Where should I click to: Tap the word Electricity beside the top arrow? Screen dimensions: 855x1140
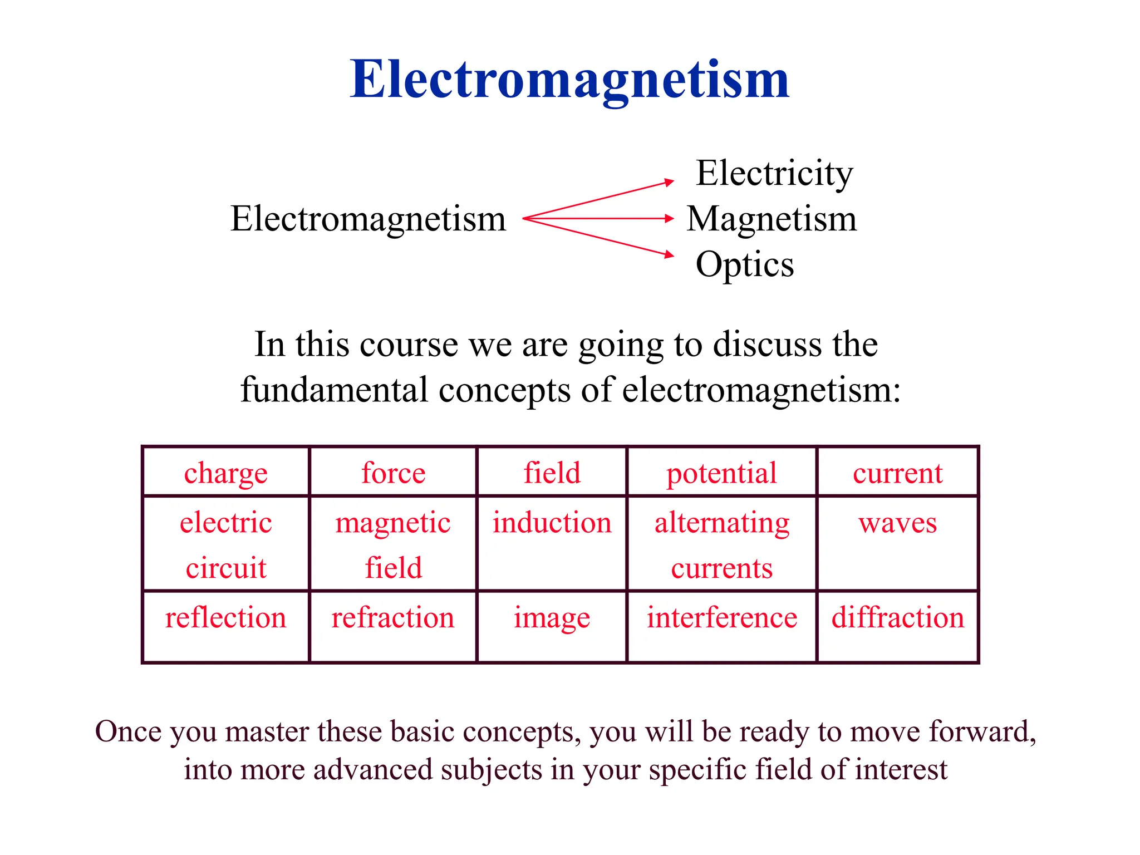pos(774,173)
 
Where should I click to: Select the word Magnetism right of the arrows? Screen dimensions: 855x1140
pos(772,219)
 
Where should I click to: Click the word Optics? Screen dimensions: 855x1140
pos(745,264)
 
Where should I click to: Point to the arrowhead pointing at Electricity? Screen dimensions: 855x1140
pos(670,182)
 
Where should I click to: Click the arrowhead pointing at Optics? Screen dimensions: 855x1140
pos(670,255)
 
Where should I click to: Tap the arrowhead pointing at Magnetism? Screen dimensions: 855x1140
pos(670,218)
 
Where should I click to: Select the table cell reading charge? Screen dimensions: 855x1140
pos(226,473)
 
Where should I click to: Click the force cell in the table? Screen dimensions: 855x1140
pos(393,473)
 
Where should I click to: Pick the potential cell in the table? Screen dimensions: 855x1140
pos(721,473)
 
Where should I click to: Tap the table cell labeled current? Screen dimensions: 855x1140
pos(897,473)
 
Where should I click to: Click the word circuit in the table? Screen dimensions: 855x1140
pos(226,568)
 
